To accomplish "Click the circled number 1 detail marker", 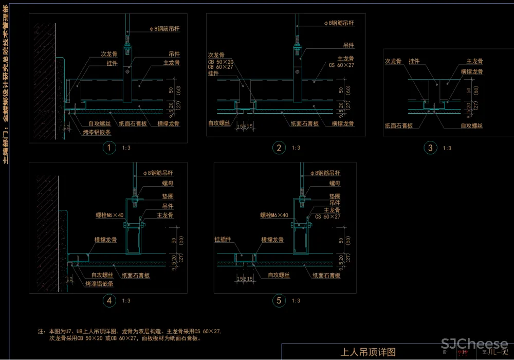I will [x=108, y=148].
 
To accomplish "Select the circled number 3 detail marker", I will [x=431, y=148].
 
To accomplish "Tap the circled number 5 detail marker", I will [x=279, y=301].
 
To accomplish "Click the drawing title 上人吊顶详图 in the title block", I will [x=368, y=352].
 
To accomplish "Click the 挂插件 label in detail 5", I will [x=223, y=240].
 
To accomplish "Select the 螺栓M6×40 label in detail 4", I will [x=110, y=215].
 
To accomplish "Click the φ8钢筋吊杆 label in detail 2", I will [x=339, y=23].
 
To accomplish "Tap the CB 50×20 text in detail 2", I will [x=221, y=61].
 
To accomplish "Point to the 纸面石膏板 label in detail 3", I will [x=399, y=125].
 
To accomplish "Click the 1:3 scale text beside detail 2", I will [x=296, y=148].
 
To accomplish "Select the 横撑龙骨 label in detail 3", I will [x=472, y=72].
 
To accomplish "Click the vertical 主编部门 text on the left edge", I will [x=6, y=82].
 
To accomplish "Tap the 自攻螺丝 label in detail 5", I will [x=279, y=275].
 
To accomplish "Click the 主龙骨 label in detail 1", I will [x=172, y=63].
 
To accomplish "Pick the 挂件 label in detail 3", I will [x=414, y=61].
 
